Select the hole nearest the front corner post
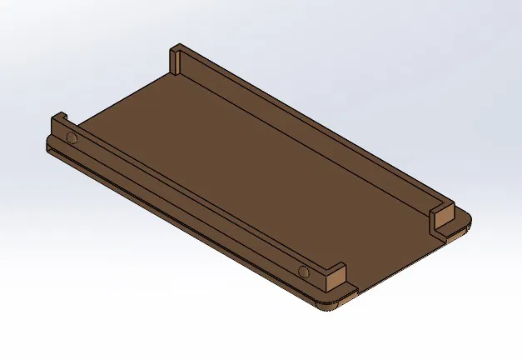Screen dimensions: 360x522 [x=304, y=272]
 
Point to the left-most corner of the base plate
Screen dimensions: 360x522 [x=47, y=147]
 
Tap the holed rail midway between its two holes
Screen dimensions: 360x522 [x=187, y=204]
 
